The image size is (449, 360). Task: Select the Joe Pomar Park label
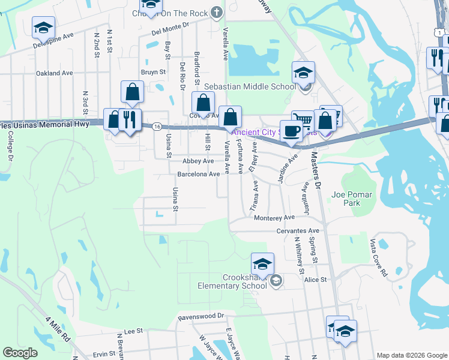tap(352, 199)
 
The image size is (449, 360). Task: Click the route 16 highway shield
tap(156, 127)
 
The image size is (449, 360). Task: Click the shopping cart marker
tap(302, 120)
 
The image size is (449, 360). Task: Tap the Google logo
tap(20, 353)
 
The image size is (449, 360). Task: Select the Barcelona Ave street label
tap(199, 174)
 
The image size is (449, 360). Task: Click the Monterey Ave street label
tap(274, 218)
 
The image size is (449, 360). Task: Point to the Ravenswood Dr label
tap(200, 316)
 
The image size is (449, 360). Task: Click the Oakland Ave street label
tap(54, 73)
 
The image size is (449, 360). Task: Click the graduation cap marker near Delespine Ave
tap(44, 28)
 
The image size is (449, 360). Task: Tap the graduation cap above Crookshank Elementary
tap(262, 264)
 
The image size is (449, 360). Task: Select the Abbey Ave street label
tap(199, 161)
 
